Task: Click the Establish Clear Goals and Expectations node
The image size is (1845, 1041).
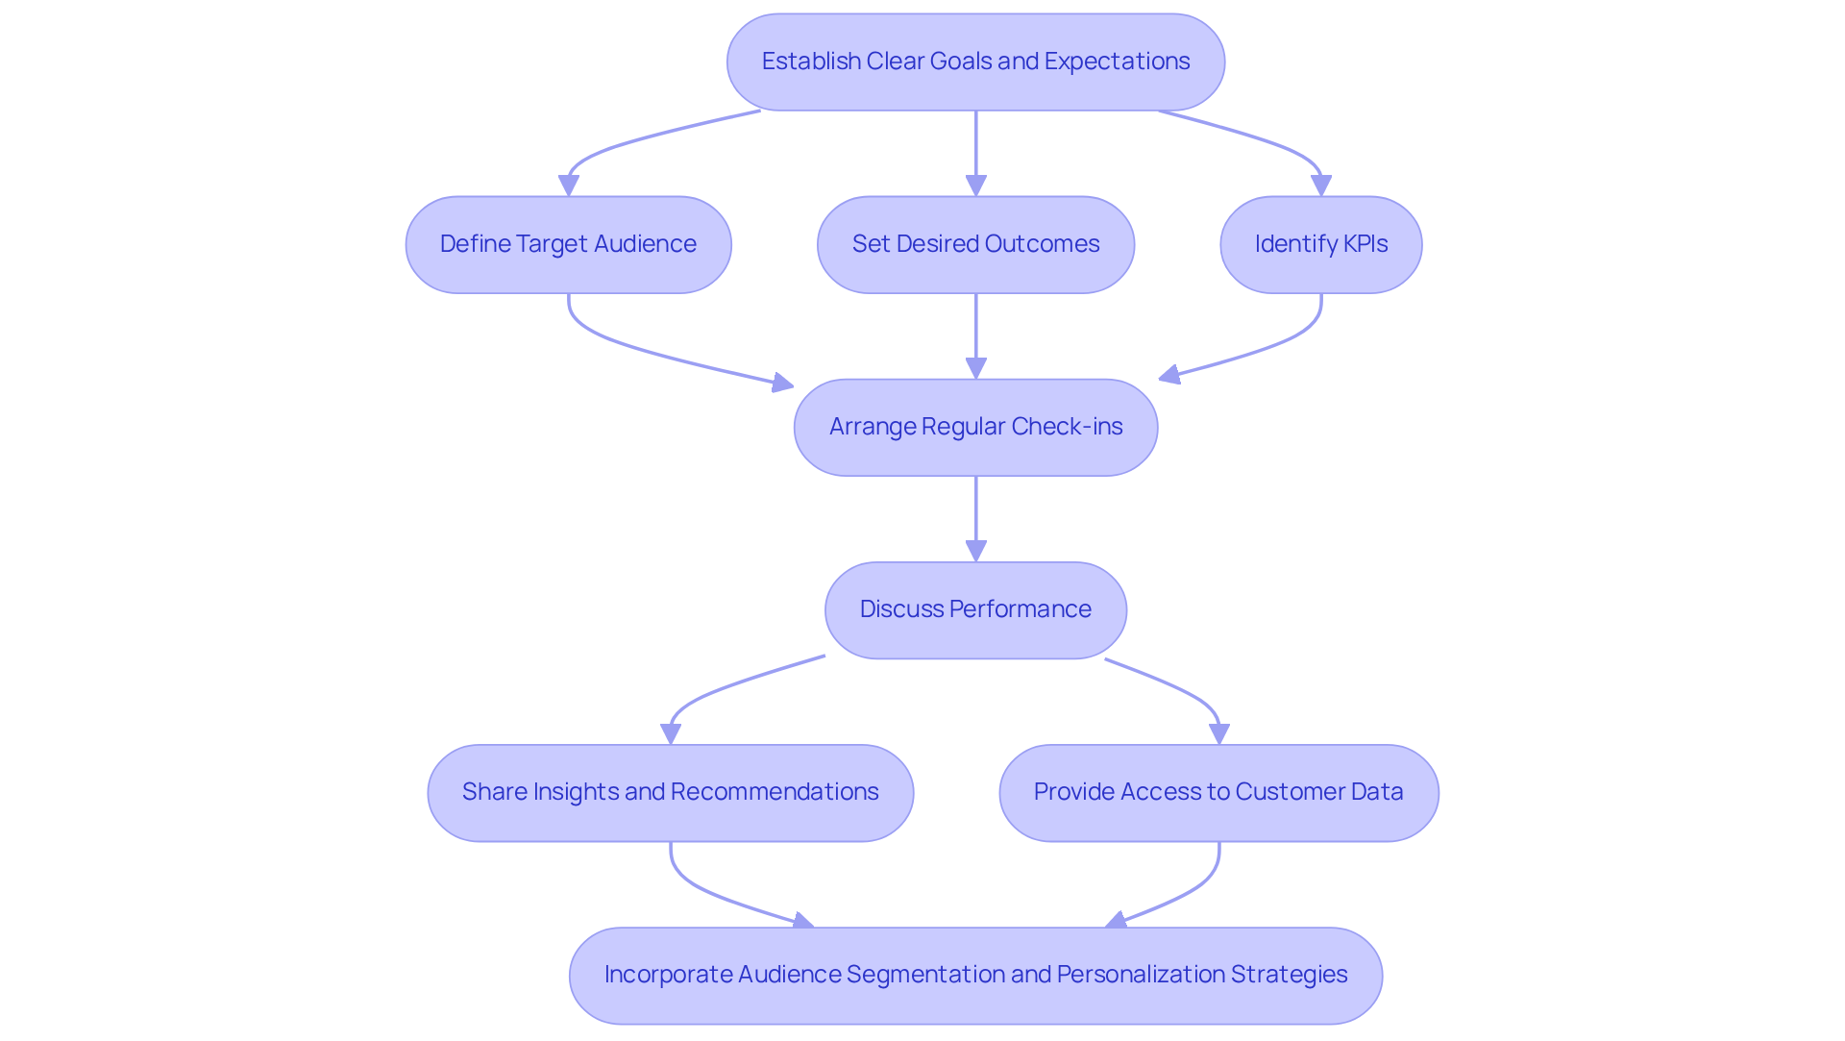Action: tap(975, 62)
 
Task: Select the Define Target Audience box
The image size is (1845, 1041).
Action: tap(568, 244)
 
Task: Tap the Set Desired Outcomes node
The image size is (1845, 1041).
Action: tap(975, 244)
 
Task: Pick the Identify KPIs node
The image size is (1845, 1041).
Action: tap(1320, 244)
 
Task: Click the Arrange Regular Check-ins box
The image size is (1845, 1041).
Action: tap(975, 427)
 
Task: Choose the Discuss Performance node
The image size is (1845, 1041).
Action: tap(975, 609)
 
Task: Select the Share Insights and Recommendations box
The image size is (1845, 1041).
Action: tap(670, 792)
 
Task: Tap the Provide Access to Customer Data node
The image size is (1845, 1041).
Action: tap(1218, 792)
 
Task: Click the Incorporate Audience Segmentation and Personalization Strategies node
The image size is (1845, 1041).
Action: tap(975, 975)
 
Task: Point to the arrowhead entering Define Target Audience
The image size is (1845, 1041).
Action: tap(569, 186)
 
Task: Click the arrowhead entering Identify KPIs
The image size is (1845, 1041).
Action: tap(1321, 186)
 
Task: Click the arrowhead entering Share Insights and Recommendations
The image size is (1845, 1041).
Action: tap(671, 733)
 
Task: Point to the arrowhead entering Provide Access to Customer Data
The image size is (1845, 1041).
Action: tap(1219, 733)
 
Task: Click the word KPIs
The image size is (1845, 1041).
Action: tap(1365, 244)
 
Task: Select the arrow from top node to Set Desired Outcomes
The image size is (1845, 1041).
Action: tap(975, 149)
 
